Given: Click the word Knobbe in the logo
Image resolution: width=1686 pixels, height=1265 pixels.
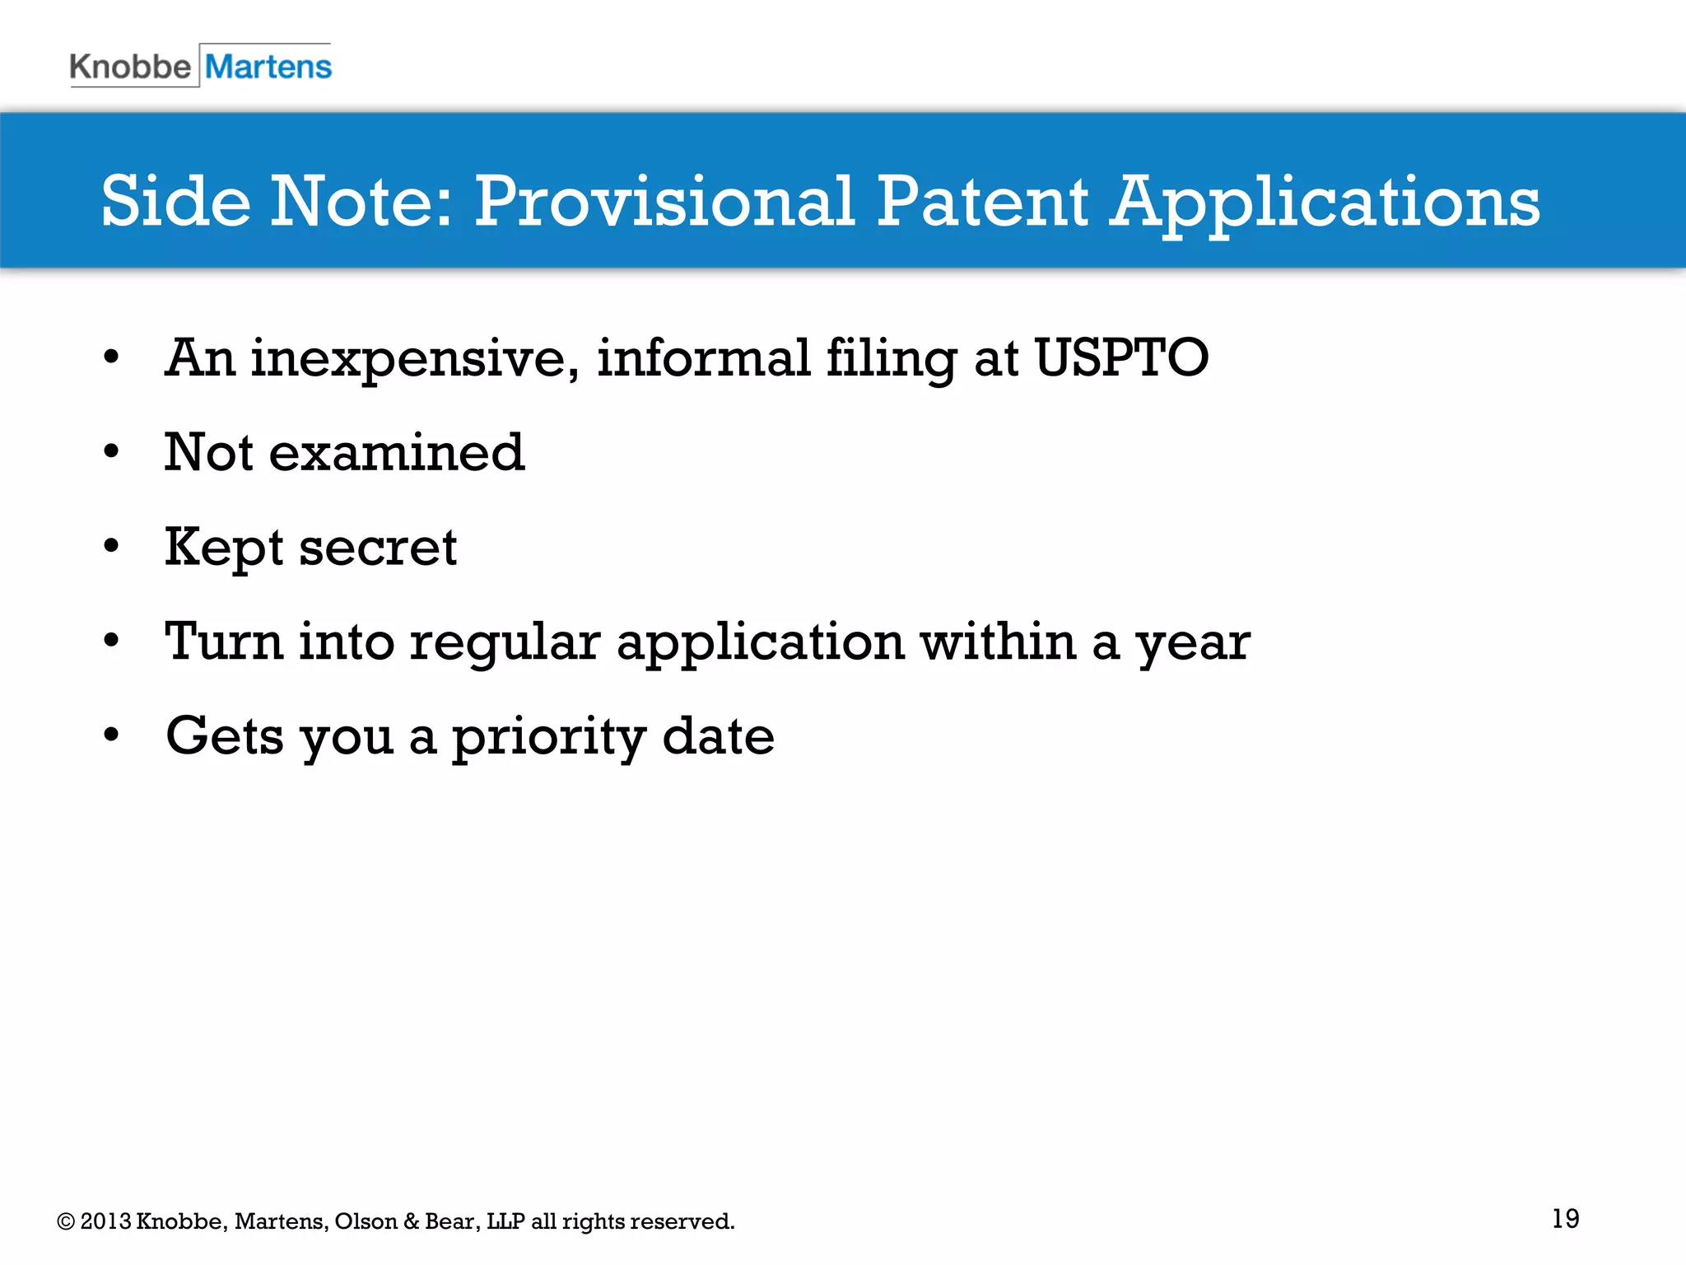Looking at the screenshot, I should click(x=130, y=67).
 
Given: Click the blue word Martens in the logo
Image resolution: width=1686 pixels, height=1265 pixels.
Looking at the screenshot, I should click(x=268, y=67).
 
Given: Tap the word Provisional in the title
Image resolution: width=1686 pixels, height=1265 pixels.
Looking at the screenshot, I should click(x=664, y=202).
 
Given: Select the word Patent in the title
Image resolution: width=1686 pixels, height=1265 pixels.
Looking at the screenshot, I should click(x=981, y=202).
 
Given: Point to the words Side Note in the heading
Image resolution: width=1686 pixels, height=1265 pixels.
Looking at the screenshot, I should click(x=277, y=202).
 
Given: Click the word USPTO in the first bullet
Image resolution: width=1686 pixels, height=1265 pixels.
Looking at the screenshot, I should click(x=1121, y=358).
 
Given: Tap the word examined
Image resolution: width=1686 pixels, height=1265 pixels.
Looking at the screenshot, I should click(x=397, y=453).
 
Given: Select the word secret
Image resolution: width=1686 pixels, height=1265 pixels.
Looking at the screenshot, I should click(x=378, y=548).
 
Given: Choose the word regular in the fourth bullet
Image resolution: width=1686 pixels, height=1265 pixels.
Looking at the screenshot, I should click(x=505, y=642).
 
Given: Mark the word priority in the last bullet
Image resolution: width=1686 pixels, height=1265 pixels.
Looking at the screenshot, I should click(x=548, y=738).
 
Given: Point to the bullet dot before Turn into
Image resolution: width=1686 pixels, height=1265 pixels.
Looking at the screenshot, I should click(x=111, y=640).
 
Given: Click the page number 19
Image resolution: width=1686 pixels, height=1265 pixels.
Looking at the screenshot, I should click(x=1565, y=1218).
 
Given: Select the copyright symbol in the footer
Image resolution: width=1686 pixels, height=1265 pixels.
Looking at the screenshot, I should click(x=65, y=1221).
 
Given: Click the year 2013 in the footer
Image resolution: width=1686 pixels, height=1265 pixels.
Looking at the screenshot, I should click(x=105, y=1221).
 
